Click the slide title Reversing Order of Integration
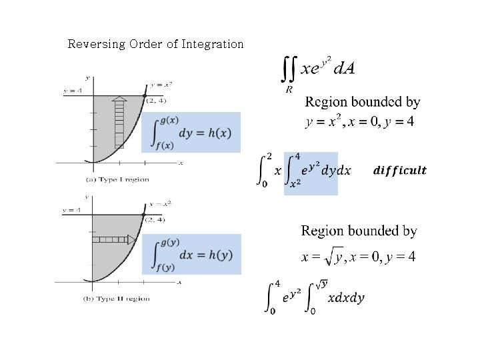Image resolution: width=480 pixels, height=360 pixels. coord(156,45)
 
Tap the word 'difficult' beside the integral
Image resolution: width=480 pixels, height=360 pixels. coord(399,171)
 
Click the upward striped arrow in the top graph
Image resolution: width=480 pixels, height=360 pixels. coord(119,122)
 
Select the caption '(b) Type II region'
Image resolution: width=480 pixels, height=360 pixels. coord(117,299)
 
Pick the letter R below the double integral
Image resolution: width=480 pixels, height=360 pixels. coord(288,89)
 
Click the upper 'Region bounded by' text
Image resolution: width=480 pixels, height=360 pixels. coord(363,103)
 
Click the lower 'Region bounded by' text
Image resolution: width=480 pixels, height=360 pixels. coord(359,231)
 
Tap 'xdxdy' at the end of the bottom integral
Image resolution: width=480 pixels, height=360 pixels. coord(345,298)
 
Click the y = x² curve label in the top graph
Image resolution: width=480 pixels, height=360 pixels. coord(161,85)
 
